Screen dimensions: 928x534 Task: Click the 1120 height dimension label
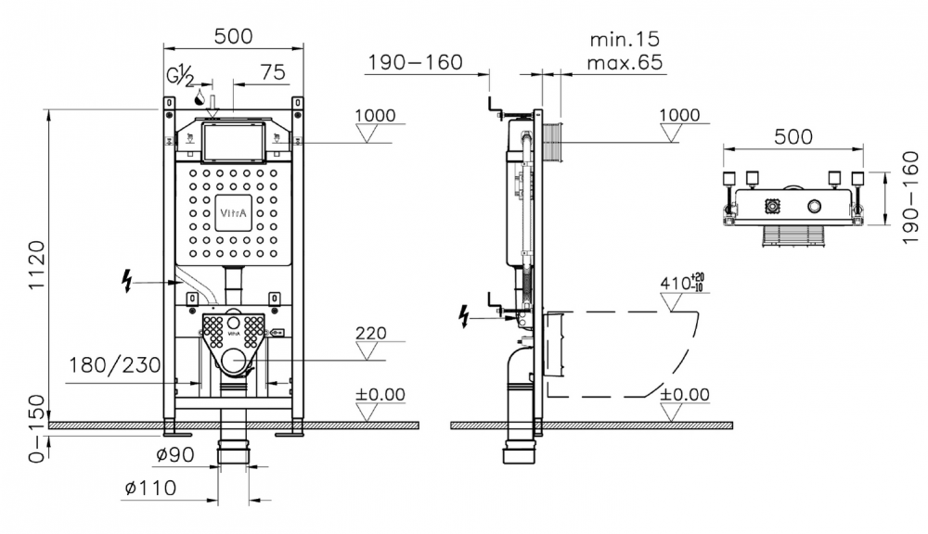36,264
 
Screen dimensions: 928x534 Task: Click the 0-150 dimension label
37,428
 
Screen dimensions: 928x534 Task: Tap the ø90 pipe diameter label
175,454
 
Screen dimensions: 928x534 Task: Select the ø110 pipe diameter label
151,488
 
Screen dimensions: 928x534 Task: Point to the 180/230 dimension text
115,365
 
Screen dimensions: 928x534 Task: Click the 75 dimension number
273,72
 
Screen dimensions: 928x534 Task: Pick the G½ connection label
180,77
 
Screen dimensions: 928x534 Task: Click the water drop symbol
200,96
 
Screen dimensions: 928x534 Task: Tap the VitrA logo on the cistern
233,213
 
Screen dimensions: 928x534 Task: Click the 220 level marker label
371,333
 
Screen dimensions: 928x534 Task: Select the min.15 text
625,39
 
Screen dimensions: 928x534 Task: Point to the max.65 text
625,62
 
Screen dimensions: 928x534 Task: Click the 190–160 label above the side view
416,62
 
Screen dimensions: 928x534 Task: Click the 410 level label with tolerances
682,282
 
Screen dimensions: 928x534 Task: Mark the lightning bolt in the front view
126,280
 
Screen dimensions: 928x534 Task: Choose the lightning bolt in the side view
465,316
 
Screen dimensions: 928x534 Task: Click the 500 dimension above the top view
793,136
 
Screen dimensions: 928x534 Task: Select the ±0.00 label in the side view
685,394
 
